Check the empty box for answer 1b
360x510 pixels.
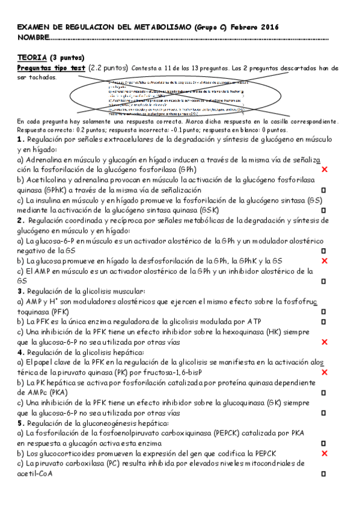(x=324, y=189)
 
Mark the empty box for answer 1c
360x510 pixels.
(x=324, y=210)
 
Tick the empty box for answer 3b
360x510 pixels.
(x=324, y=322)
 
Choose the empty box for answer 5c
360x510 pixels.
(x=324, y=474)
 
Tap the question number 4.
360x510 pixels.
(x=20, y=352)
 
